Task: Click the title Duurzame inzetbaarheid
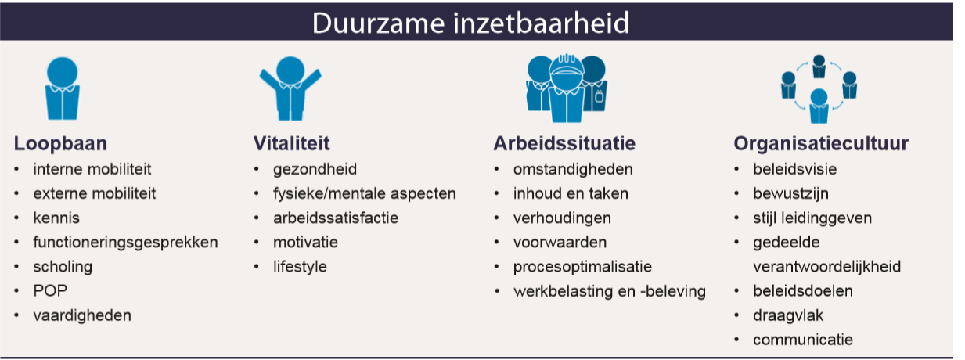(470, 22)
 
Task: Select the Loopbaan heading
(60, 144)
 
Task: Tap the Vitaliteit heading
(291, 144)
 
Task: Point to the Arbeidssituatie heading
(564, 144)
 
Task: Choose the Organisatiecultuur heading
(821, 144)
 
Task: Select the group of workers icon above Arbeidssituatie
(564, 88)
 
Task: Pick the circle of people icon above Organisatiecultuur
(819, 88)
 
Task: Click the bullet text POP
(50, 290)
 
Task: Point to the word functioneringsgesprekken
(125, 242)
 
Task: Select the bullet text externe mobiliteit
(94, 193)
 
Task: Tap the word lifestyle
(300, 266)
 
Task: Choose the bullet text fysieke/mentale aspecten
(364, 193)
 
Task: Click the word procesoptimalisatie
(582, 266)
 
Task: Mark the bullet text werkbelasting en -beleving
(609, 291)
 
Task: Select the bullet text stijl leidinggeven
(812, 218)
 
